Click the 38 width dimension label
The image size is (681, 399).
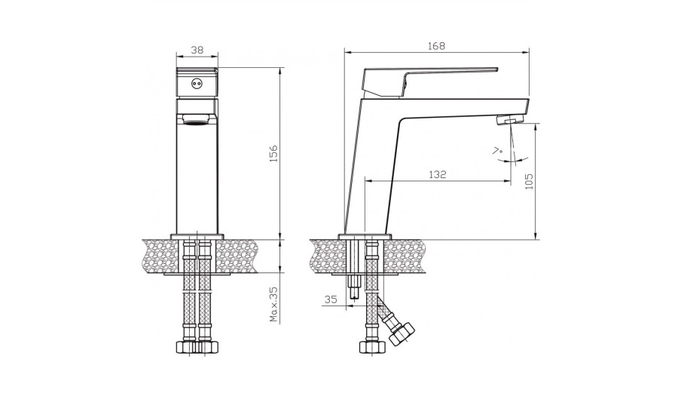click(x=197, y=50)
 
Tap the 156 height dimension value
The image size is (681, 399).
click(x=273, y=154)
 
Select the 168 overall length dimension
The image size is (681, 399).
click(x=436, y=46)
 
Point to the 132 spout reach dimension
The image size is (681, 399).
click(x=438, y=174)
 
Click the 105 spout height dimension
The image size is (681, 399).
click(x=529, y=181)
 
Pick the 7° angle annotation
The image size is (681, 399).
click(x=498, y=152)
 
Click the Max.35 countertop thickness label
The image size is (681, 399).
click(x=273, y=304)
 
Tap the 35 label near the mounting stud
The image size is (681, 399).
click(x=331, y=299)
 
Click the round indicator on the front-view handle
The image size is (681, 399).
click(x=197, y=83)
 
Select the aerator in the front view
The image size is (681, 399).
click(x=197, y=119)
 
